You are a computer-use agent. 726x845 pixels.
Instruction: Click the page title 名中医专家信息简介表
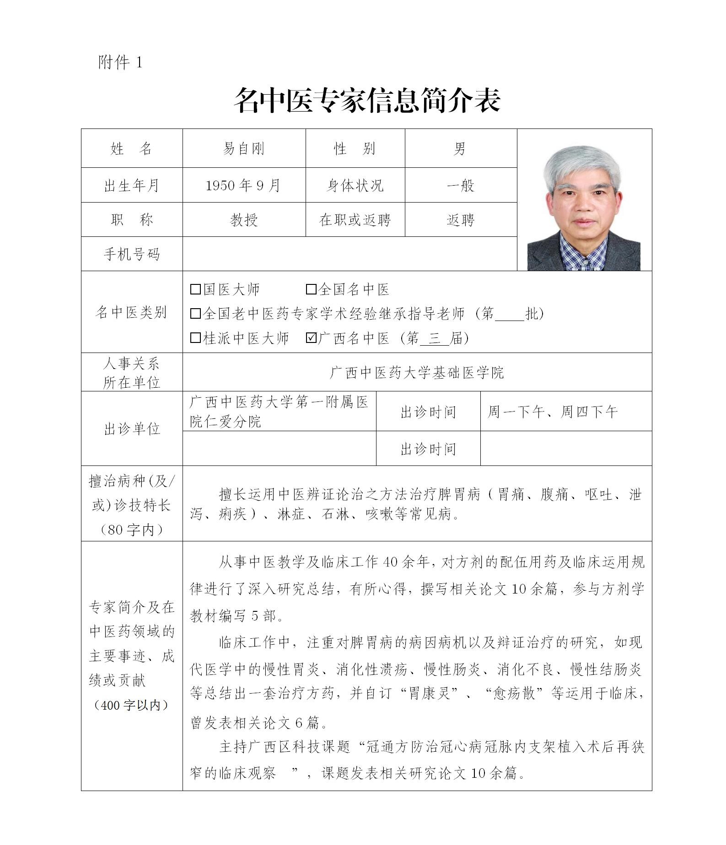point(367,101)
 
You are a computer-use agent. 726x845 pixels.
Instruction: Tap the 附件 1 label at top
point(120,62)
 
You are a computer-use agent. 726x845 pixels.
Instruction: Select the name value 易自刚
point(243,149)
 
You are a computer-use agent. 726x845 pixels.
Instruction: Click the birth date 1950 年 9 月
point(243,186)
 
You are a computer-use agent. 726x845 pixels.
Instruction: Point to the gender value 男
point(460,149)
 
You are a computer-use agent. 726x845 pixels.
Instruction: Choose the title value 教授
point(244,220)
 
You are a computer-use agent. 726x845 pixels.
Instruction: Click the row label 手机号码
point(132,254)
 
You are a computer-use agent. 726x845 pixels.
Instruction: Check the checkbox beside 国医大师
point(195,289)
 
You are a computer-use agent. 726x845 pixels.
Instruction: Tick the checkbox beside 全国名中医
point(311,289)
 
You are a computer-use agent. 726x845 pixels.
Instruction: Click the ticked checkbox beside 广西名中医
point(311,338)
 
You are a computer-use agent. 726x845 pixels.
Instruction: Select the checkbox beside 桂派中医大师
point(195,338)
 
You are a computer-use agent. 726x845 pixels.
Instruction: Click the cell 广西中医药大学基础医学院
point(417,373)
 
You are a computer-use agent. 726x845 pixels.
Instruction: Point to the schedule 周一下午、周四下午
point(553,412)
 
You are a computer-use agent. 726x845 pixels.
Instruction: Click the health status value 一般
point(460,186)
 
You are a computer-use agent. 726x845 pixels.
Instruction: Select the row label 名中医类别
point(132,312)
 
